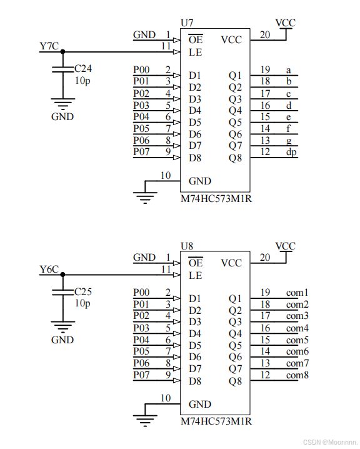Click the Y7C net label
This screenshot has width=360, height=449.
[x=49, y=46]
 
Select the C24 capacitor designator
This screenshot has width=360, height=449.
[x=83, y=68]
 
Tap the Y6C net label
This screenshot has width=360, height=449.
[x=49, y=269]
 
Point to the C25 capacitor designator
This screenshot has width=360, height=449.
[x=83, y=291]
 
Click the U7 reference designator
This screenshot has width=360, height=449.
[x=187, y=23]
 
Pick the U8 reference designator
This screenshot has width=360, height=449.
[x=187, y=246]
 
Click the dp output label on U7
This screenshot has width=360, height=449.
[x=291, y=152]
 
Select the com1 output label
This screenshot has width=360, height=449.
[x=297, y=293]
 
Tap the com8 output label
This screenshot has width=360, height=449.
[x=297, y=375]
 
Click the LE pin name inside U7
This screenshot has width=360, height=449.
[x=196, y=52]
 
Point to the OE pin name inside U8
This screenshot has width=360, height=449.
[x=196, y=263]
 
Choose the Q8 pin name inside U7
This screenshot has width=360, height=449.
[x=235, y=158]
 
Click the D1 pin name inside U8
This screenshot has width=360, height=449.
[x=195, y=298]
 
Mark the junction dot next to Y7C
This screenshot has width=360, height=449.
[x=63, y=52]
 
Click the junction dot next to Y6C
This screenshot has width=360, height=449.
[x=63, y=275]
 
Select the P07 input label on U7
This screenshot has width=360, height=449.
[x=141, y=151]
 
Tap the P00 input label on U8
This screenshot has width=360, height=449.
[x=141, y=293]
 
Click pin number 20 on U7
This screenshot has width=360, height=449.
[x=265, y=34]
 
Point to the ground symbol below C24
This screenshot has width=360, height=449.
[x=63, y=104]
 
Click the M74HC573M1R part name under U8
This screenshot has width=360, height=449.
[x=216, y=421]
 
